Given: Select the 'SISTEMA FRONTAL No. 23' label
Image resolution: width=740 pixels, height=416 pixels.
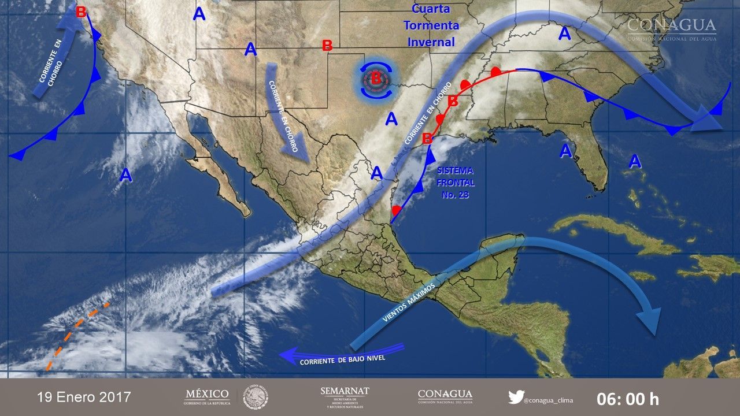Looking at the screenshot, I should point(456,183).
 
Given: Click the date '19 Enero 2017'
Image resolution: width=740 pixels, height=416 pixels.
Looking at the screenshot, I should point(84,398).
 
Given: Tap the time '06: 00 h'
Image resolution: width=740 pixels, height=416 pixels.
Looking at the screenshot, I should point(628,399).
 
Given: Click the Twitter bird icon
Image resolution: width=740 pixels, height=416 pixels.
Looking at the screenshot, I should point(516,397).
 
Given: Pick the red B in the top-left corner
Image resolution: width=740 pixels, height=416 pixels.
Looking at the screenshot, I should point(82,11).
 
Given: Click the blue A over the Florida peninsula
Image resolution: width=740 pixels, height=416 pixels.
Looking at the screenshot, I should point(565,151).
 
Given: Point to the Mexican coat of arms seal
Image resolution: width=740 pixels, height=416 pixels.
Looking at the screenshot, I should point(255,397).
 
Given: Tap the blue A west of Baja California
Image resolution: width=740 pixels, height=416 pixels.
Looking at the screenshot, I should point(125,175).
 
